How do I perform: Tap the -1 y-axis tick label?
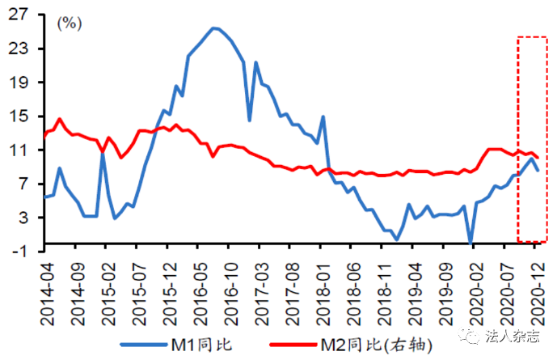[18, 251]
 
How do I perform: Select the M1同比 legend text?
[202, 344]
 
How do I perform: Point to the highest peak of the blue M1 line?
[215, 28]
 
